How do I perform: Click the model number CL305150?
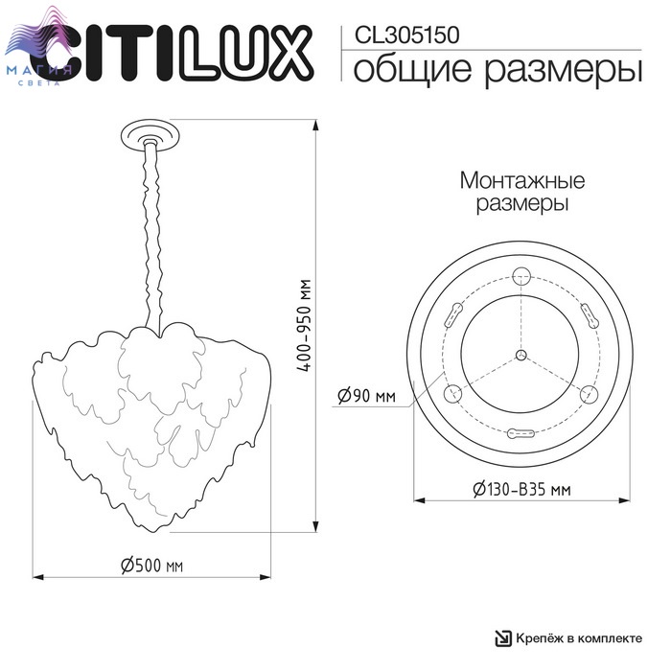pyautogui.click(x=407, y=35)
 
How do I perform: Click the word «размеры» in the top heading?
pyautogui.click(x=564, y=72)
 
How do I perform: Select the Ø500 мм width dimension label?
pyautogui.click(x=152, y=566)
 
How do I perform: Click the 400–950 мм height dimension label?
pyautogui.click(x=304, y=325)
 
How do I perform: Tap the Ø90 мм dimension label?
pyautogui.click(x=367, y=396)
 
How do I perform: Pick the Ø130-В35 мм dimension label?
pyautogui.click(x=522, y=489)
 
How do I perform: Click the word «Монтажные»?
pyautogui.click(x=522, y=180)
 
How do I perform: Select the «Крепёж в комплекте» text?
pyautogui.click(x=579, y=638)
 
